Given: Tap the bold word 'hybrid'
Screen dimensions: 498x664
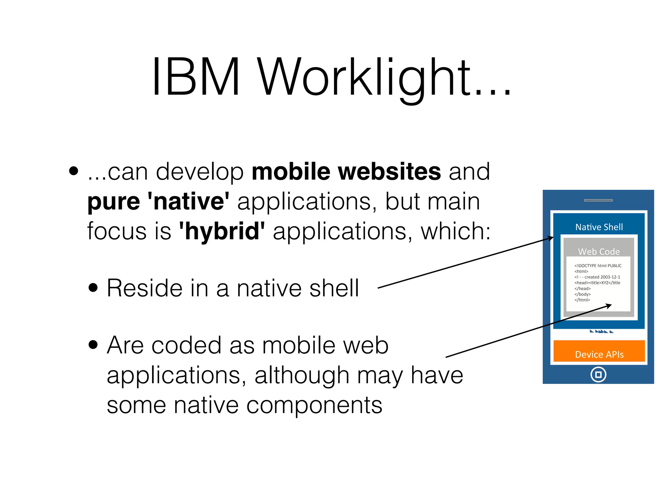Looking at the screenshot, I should pos(222,231).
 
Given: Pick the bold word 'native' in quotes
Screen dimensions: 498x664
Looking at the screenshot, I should pos(188,201).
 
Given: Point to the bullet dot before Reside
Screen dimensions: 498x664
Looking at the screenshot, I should pos(93,288).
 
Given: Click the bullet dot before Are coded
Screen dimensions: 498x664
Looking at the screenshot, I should pos(93,345).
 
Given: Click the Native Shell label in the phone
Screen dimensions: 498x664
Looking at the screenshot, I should pos(599,227).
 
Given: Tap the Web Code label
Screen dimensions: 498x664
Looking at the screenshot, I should pos(599,252).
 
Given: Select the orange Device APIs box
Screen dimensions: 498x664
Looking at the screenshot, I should pos(599,351).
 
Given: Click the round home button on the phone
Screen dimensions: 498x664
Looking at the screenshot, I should pos(598,374).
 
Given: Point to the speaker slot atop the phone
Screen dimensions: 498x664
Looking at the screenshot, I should pos(598,200).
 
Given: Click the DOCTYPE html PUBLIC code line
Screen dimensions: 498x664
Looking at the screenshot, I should pos(598,266).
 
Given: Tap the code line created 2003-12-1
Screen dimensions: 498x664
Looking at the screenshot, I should pos(597,277).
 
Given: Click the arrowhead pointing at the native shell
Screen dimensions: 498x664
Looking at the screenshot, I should pos(551,238).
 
